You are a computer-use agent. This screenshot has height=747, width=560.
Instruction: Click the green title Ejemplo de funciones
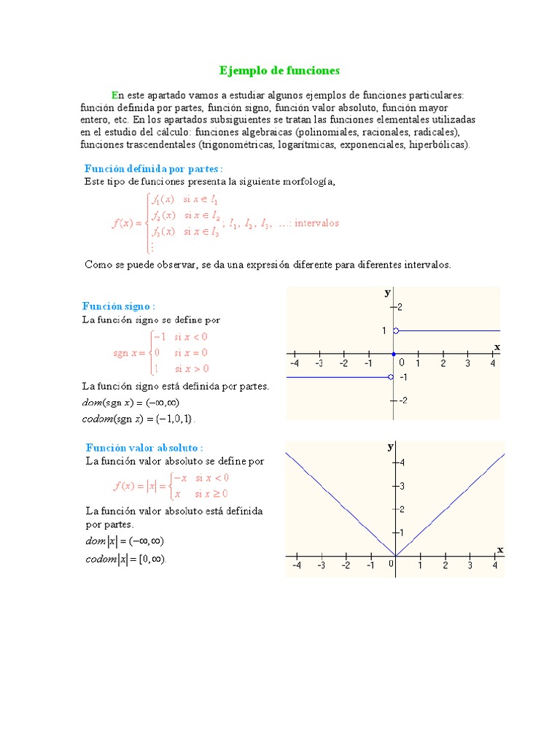point(280,71)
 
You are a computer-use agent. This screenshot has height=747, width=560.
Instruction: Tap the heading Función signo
point(119,306)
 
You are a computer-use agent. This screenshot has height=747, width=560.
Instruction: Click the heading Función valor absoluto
point(144,447)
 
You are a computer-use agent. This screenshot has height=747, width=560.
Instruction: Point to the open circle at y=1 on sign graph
point(395,331)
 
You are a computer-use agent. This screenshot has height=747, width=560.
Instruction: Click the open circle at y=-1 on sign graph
point(392,377)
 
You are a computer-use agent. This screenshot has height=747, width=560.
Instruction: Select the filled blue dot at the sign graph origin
point(394,354)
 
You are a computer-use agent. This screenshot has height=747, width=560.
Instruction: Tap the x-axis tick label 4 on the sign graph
point(492,363)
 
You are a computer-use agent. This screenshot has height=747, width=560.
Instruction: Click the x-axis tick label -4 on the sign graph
point(294,363)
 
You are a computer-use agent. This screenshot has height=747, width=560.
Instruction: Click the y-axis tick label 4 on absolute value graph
point(402,462)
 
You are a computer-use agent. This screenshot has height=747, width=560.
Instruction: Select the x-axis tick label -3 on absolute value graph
point(321,565)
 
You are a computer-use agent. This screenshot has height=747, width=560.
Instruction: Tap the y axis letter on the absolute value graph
point(390,446)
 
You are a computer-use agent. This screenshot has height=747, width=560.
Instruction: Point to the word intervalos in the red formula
point(316,223)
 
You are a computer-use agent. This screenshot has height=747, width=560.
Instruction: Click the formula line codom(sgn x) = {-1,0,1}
point(139,419)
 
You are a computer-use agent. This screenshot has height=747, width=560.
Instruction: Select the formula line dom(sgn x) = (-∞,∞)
point(131,402)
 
